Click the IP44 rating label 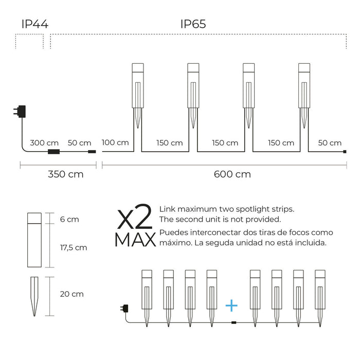coord(35,24)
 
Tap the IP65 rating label coord(193,24)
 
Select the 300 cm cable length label coord(44,143)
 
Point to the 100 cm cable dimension coord(115,142)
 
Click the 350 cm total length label coord(66,174)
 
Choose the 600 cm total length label coord(232,174)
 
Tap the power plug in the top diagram coord(20,112)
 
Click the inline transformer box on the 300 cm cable coord(53,152)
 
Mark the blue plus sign coord(231,305)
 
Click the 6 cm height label coord(69,219)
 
